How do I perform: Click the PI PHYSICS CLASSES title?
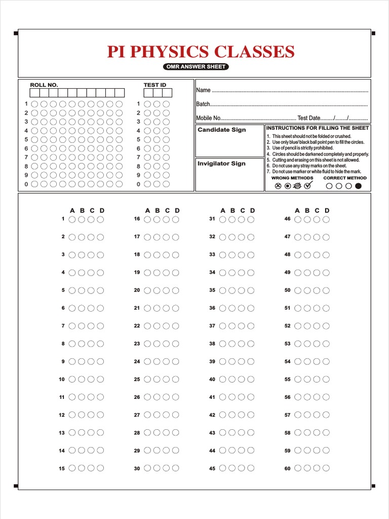coord(201,52)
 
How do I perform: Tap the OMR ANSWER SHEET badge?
coord(196,67)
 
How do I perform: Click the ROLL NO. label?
coord(44,85)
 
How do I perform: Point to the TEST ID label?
coord(155,85)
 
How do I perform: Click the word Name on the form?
coord(203,90)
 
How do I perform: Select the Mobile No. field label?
coord(209,118)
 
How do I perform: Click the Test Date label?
coord(309,118)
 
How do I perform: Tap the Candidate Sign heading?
coord(221,130)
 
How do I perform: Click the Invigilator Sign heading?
coord(221,163)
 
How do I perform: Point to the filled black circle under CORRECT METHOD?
coord(359,186)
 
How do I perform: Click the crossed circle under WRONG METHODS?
coord(278,186)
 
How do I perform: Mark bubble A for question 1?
coord(72,219)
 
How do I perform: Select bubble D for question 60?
coord(326,468)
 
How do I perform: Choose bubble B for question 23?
coord(157,344)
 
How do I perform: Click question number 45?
coord(212,468)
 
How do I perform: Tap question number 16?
coord(137,219)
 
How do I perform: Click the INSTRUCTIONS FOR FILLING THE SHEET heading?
coord(318,128)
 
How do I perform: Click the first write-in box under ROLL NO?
coord(34,93)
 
